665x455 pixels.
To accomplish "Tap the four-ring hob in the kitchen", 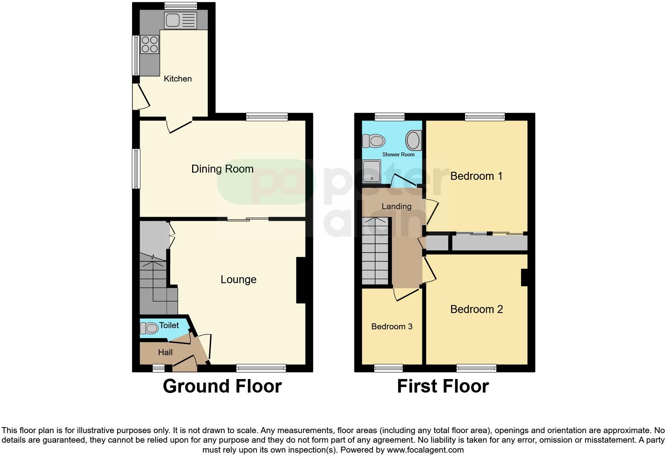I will [x=150, y=45].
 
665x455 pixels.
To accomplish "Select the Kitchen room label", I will [x=178, y=79].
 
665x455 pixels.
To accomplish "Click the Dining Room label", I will [x=222, y=169].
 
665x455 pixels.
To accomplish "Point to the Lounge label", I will [x=238, y=280].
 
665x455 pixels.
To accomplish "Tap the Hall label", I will [x=165, y=352].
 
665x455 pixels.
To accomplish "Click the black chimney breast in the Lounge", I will [x=301, y=280].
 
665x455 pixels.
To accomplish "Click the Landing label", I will [x=396, y=206].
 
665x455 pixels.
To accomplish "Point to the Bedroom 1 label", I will [x=476, y=176].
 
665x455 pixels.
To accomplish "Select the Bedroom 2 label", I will [x=476, y=309].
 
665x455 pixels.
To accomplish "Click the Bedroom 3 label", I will [x=391, y=327].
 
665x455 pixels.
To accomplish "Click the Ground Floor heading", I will [x=222, y=386].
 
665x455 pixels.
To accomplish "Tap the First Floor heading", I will [x=443, y=386].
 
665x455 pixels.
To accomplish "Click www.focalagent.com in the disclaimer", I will [x=425, y=450].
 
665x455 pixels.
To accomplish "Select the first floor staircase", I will [x=375, y=255].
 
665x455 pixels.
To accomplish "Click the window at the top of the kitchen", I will [x=181, y=6].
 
